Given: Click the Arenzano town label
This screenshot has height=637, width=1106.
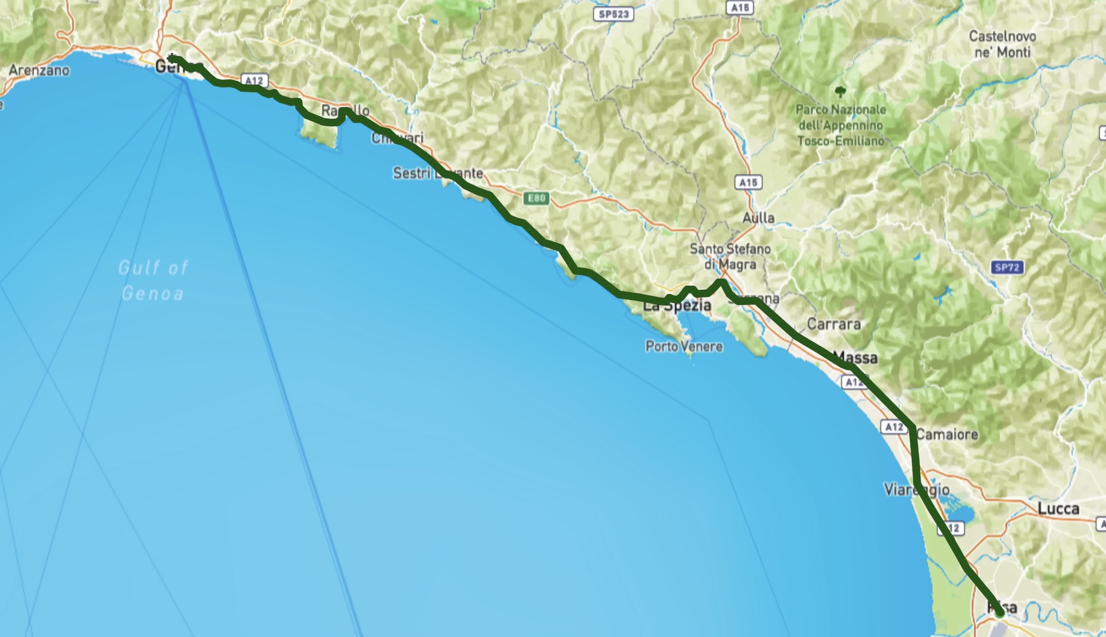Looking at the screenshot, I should click(x=39, y=70).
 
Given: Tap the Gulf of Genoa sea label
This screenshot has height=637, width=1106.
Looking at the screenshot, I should click(x=153, y=281).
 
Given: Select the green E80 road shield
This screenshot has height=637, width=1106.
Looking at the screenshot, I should click(x=536, y=198).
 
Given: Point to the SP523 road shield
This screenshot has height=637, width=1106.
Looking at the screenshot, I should click(x=614, y=14).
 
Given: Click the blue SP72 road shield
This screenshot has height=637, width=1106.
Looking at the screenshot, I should click(x=1007, y=267).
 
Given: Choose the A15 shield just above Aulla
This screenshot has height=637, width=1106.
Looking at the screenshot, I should click(x=748, y=182).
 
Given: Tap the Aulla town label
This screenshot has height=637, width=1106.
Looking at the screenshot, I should click(x=758, y=218).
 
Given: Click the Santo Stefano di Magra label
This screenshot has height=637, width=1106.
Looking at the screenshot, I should click(x=730, y=256).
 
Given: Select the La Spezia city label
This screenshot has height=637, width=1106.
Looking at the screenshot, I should click(x=677, y=306).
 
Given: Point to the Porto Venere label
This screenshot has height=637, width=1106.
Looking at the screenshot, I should click(x=684, y=346).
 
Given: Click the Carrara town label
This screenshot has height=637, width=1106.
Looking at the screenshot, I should click(x=834, y=324).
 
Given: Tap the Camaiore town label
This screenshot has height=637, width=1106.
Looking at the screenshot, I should click(x=947, y=434).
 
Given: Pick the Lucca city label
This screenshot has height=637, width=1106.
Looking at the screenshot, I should click(x=1058, y=509).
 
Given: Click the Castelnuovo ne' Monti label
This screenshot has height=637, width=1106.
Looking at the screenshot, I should click(x=1002, y=44).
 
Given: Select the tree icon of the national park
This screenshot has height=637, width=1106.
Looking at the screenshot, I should click(x=840, y=91).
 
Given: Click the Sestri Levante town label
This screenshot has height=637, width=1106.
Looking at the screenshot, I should click(x=438, y=173).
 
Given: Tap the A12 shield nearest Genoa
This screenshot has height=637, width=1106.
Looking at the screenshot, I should click(x=254, y=80).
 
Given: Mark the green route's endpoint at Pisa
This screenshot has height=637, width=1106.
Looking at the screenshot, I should click(x=999, y=613).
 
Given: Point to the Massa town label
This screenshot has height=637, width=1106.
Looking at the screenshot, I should click(x=856, y=358).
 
